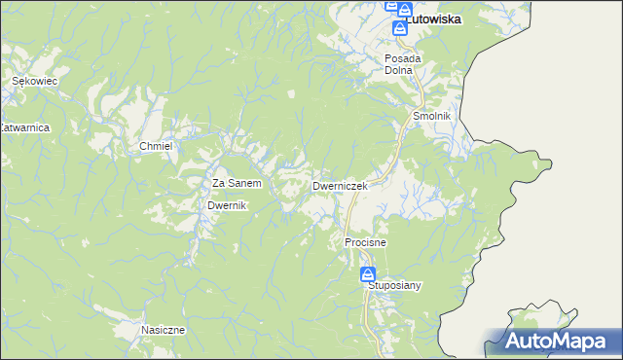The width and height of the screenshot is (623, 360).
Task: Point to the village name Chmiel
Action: (156, 146)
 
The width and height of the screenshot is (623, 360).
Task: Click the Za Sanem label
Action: (237, 183)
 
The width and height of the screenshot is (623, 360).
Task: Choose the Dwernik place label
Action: (229, 206)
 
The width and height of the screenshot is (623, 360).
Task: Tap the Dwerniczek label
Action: (339, 185)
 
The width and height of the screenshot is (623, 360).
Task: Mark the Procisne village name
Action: (366, 241)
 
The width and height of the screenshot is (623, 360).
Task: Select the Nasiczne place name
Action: (163, 330)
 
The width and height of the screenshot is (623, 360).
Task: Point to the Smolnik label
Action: (431, 116)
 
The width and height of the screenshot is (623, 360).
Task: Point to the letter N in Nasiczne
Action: (144, 330)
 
